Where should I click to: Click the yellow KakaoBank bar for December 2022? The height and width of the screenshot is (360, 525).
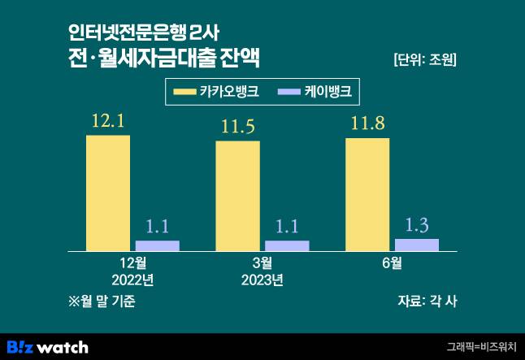coord(108,193)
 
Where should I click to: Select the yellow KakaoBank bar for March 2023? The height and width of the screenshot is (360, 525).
coord(237,196)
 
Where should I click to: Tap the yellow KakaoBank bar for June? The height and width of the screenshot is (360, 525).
coord(367,194)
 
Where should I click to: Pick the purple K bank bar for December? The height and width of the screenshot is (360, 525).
coord(157,245)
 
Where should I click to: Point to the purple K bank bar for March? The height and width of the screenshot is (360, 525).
coord(287,245)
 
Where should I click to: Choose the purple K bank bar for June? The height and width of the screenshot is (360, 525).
coord(416,245)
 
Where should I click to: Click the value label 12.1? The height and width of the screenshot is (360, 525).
coord(107,123)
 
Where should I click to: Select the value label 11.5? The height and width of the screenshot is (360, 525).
coord(237,128)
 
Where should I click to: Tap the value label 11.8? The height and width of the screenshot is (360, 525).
coord(367,125)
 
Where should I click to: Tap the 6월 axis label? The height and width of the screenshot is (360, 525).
coord(392,263)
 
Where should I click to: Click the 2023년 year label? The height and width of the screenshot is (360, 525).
coord(262,280)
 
